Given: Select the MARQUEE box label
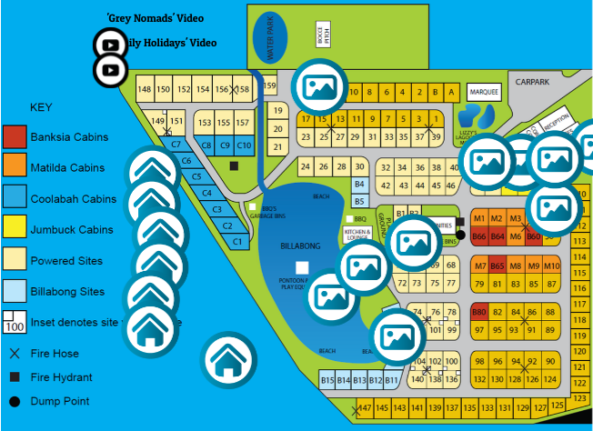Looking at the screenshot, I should pos(483,93).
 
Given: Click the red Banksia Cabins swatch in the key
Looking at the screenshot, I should pos(15,137).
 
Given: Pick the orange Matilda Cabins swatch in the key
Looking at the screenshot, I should pos(15,168).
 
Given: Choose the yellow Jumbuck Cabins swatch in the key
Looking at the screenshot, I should pos(15,230).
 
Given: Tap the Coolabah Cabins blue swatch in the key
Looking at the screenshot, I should pos(15,199).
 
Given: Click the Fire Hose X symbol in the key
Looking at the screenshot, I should pos(15,354).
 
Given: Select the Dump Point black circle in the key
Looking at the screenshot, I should pos(15,401).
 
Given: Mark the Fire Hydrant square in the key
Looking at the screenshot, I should pos(15,377).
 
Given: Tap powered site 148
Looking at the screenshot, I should pos(145,89).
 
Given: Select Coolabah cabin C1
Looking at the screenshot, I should pos(237,242).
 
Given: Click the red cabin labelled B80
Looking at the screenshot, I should pos(479,312).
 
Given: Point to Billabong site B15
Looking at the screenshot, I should pos(328,380).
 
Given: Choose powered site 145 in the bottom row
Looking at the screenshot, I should pos(383,408).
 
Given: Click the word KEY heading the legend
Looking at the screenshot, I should pos(41,107).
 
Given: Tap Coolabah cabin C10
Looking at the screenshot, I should pos(244,145).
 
